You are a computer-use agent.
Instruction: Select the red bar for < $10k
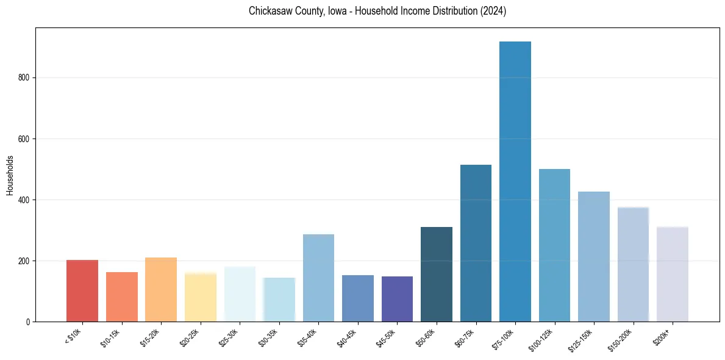82,291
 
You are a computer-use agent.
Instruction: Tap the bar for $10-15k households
121,297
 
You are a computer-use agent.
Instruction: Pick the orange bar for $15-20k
161,290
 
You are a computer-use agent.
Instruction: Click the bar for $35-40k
318,278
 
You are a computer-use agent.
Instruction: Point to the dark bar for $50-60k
437,275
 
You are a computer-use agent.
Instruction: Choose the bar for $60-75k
476,243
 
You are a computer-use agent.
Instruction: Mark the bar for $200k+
673,275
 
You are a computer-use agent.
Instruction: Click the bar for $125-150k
594,257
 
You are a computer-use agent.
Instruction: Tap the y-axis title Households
10,175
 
